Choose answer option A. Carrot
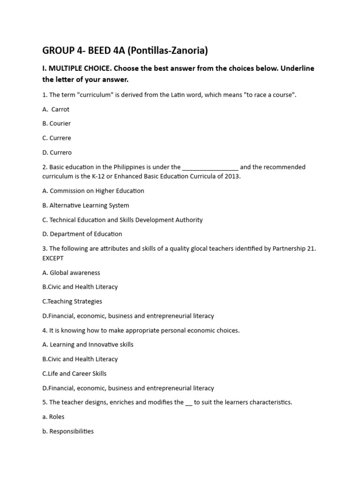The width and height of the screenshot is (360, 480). click(x=56, y=109)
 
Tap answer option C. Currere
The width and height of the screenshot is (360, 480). click(x=57, y=138)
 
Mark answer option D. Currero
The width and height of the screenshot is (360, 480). click(x=57, y=153)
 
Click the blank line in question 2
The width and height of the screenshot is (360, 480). click(x=210, y=168)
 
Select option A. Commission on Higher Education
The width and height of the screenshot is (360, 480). click(x=93, y=191)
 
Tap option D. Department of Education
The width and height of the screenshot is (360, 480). click(x=82, y=234)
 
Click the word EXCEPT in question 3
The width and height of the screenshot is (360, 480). click(x=53, y=258)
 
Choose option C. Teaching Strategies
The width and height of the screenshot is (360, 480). click(x=72, y=301)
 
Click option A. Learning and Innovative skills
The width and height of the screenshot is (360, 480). click(x=88, y=345)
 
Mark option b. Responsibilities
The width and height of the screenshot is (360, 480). click(x=68, y=431)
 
